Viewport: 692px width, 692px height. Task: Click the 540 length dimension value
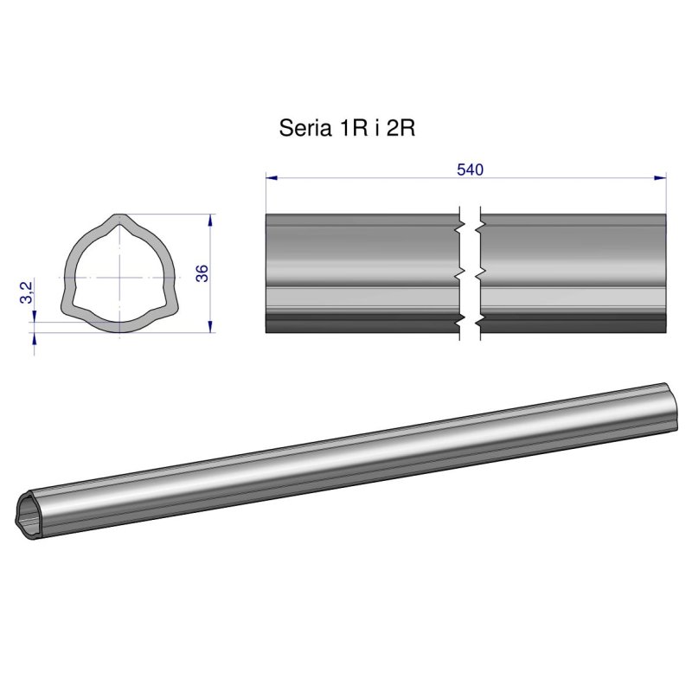469,170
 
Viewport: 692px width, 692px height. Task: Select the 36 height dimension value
201,273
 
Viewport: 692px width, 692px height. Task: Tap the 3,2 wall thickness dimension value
26,292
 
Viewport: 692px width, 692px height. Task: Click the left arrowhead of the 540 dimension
271,178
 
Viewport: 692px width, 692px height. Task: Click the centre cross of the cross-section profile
116,277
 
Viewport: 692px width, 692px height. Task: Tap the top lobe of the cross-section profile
117,221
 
